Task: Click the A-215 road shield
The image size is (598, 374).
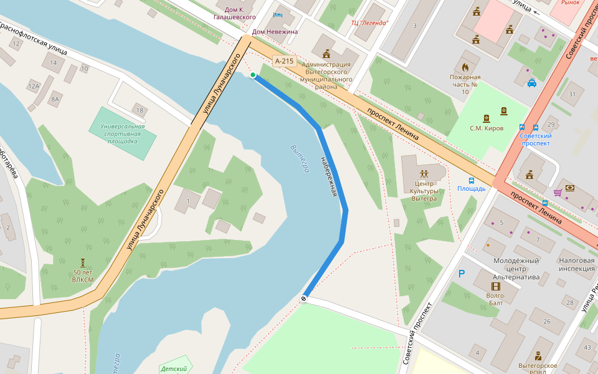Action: click(284, 60)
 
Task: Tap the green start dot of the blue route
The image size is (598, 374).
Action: click(253, 75)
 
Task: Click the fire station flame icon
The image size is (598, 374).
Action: click(465, 66)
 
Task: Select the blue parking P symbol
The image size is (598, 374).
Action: click(462, 274)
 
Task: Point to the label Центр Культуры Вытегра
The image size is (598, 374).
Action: click(424, 191)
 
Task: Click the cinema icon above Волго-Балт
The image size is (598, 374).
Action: click(496, 286)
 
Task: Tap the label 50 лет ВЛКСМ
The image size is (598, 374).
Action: click(83, 275)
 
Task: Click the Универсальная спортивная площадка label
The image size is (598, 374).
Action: click(122, 133)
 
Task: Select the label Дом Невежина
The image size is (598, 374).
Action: click(275, 31)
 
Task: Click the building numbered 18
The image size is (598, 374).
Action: click(140, 111)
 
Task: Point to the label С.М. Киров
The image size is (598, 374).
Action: click(486, 128)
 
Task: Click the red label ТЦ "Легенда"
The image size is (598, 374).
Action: click(369, 23)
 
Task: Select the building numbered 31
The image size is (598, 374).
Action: click(572, 94)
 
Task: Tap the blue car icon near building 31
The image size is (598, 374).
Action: click(532, 82)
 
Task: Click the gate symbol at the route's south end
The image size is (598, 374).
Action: click(304, 299)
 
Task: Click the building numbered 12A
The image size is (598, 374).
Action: click(32, 86)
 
